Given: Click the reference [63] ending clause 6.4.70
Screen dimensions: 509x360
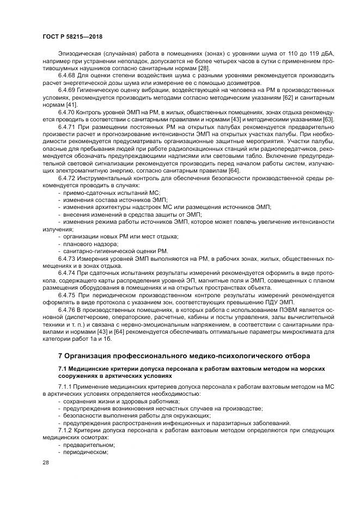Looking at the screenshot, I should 329,119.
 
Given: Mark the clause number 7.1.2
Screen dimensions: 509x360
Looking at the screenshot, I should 67,430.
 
